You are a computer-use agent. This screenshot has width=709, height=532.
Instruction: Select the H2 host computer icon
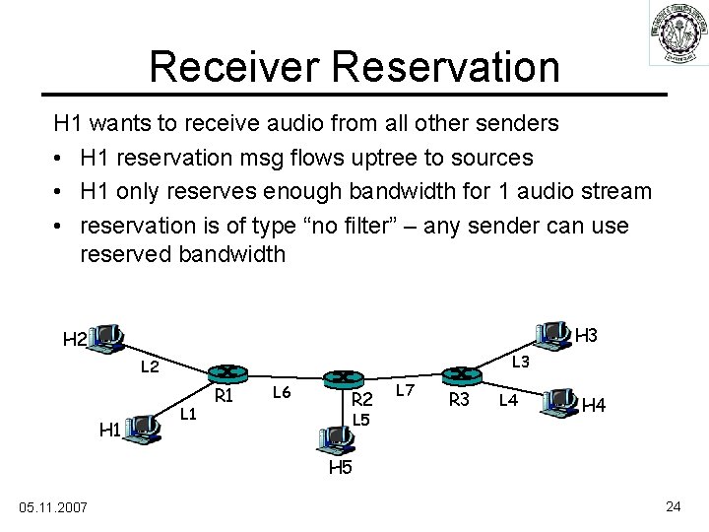point(105,338)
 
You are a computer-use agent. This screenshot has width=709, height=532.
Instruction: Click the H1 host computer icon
point(144,428)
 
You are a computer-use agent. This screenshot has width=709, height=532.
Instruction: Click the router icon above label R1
point(226,373)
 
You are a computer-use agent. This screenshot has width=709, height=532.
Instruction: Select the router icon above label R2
point(345,379)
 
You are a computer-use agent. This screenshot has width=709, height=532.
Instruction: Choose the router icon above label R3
point(458,374)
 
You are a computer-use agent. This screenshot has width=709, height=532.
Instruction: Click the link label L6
point(281,393)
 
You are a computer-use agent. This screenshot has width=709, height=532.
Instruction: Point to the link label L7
point(405,391)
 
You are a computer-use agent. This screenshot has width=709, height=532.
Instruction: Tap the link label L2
point(151,367)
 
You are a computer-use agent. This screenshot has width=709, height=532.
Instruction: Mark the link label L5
point(361,421)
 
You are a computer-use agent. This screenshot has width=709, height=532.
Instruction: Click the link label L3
point(520,363)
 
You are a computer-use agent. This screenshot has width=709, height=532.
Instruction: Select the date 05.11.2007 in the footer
point(53,506)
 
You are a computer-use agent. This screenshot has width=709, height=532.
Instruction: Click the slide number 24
point(674,506)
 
